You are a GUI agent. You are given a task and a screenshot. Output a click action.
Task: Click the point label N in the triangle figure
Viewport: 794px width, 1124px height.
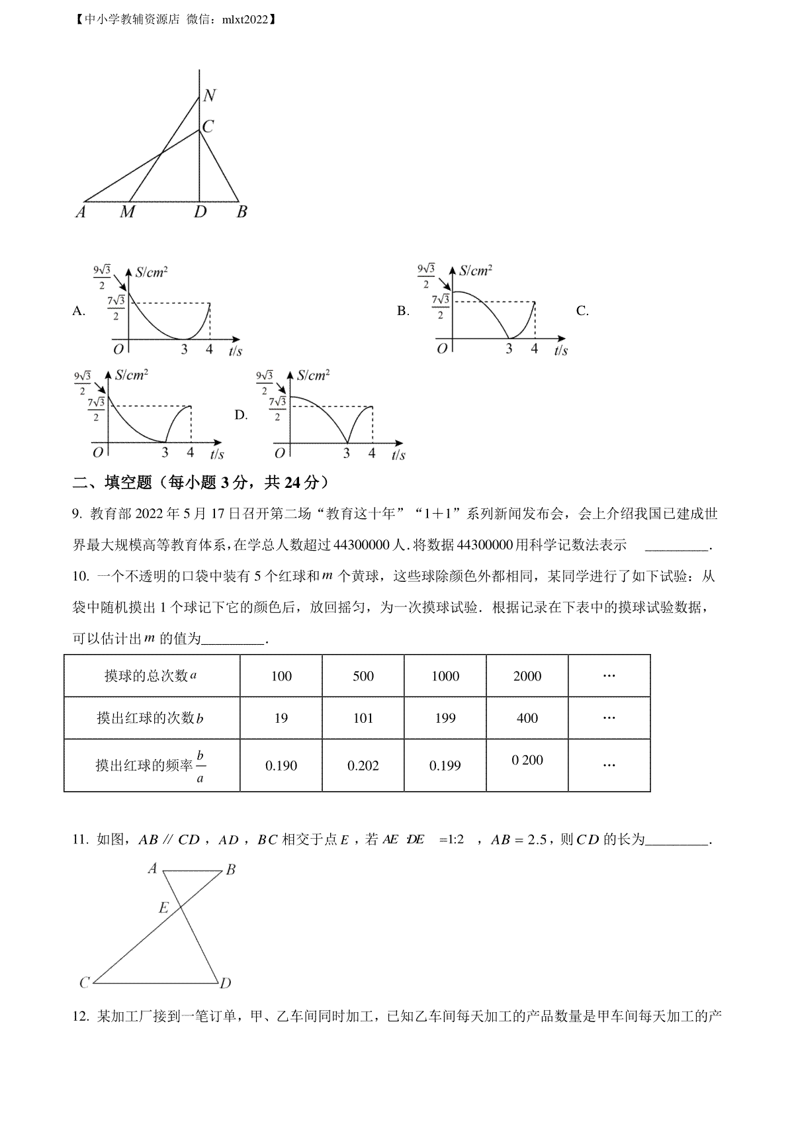(x=209, y=95)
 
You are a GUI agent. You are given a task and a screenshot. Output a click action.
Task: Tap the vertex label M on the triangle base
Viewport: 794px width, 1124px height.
(x=127, y=212)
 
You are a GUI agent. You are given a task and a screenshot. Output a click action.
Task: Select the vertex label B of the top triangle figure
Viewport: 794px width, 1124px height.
(x=242, y=212)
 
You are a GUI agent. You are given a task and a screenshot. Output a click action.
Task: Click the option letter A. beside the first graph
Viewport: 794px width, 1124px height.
(x=79, y=311)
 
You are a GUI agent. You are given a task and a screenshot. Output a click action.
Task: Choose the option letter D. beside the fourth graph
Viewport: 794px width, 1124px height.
(x=242, y=415)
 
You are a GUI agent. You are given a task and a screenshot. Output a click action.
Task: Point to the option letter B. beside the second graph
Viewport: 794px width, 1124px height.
(x=403, y=311)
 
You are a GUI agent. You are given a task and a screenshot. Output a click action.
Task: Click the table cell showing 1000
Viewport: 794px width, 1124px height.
(x=445, y=676)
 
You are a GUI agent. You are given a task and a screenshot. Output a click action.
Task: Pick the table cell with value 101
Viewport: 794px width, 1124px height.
(x=363, y=718)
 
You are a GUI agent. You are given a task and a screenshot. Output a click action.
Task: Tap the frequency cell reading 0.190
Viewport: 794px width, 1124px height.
(x=281, y=766)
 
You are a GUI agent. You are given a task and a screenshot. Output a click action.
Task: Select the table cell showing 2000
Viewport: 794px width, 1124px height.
(x=527, y=676)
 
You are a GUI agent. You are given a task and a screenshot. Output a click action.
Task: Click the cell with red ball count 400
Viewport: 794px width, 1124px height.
(x=527, y=718)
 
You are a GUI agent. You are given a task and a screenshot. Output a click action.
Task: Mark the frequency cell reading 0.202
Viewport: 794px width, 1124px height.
(x=363, y=766)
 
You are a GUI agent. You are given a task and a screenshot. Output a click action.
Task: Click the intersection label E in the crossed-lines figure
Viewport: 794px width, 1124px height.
(x=163, y=908)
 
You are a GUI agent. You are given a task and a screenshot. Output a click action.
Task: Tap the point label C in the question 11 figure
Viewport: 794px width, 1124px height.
(x=85, y=983)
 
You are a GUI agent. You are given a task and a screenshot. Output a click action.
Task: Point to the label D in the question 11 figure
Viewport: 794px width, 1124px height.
(x=226, y=983)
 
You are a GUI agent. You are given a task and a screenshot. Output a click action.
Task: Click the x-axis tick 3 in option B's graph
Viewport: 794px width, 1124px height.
(x=509, y=348)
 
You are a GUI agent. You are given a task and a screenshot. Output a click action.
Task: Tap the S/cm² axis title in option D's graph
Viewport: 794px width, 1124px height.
(x=313, y=375)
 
